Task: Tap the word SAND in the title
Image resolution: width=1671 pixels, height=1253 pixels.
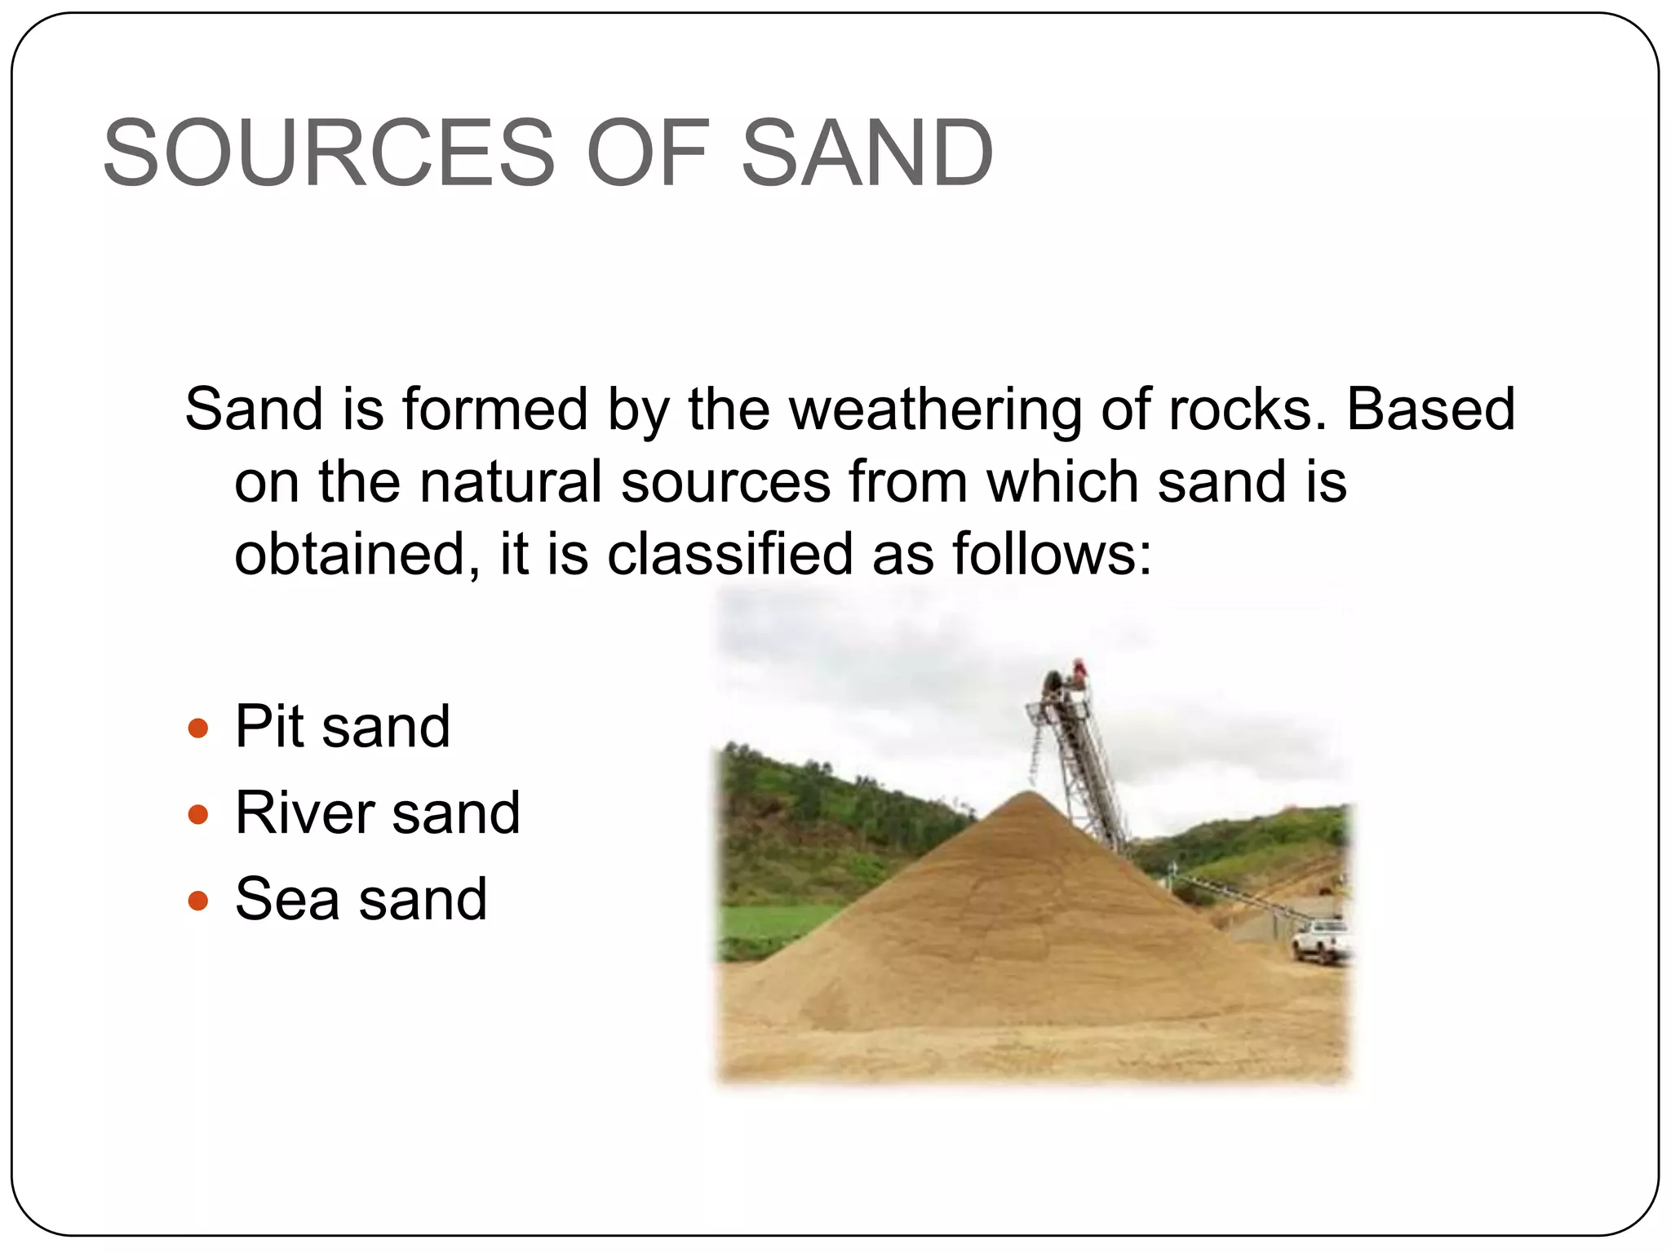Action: (867, 153)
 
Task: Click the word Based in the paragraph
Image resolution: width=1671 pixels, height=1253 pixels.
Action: (1430, 409)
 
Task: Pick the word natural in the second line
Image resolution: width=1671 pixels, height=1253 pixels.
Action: (510, 481)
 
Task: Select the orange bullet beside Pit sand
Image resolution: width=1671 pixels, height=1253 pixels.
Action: (198, 728)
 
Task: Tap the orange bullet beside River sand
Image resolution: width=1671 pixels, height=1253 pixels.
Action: (198, 814)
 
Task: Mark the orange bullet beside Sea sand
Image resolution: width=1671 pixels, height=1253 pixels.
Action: (198, 901)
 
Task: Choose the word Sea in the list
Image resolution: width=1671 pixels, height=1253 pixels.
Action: (286, 900)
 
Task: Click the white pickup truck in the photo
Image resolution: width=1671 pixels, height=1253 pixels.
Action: (1320, 940)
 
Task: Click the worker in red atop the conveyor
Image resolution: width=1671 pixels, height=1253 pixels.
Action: (1079, 674)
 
